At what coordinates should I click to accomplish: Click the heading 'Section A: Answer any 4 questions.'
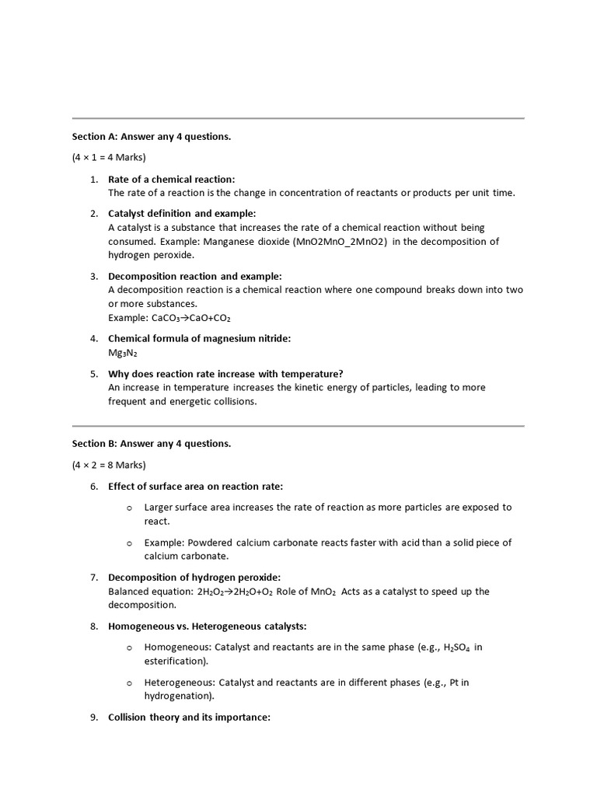coord(152,137)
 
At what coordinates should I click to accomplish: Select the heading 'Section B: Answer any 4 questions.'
coord(152,444)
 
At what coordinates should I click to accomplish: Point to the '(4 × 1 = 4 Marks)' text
coord(109,158)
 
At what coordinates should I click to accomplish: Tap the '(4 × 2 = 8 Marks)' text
coord(109,465)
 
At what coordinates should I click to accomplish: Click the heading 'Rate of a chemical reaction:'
coord(171,180)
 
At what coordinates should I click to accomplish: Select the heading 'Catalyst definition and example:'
coord(182,214)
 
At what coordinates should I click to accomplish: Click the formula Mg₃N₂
coord(123,352)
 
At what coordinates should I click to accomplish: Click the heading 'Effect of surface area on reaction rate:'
coord(196,487)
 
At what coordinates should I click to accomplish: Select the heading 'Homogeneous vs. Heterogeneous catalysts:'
coord(208,626)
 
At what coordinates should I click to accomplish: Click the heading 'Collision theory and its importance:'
coord(189,717)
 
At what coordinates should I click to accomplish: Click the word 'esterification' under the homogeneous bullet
coord(175,661)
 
